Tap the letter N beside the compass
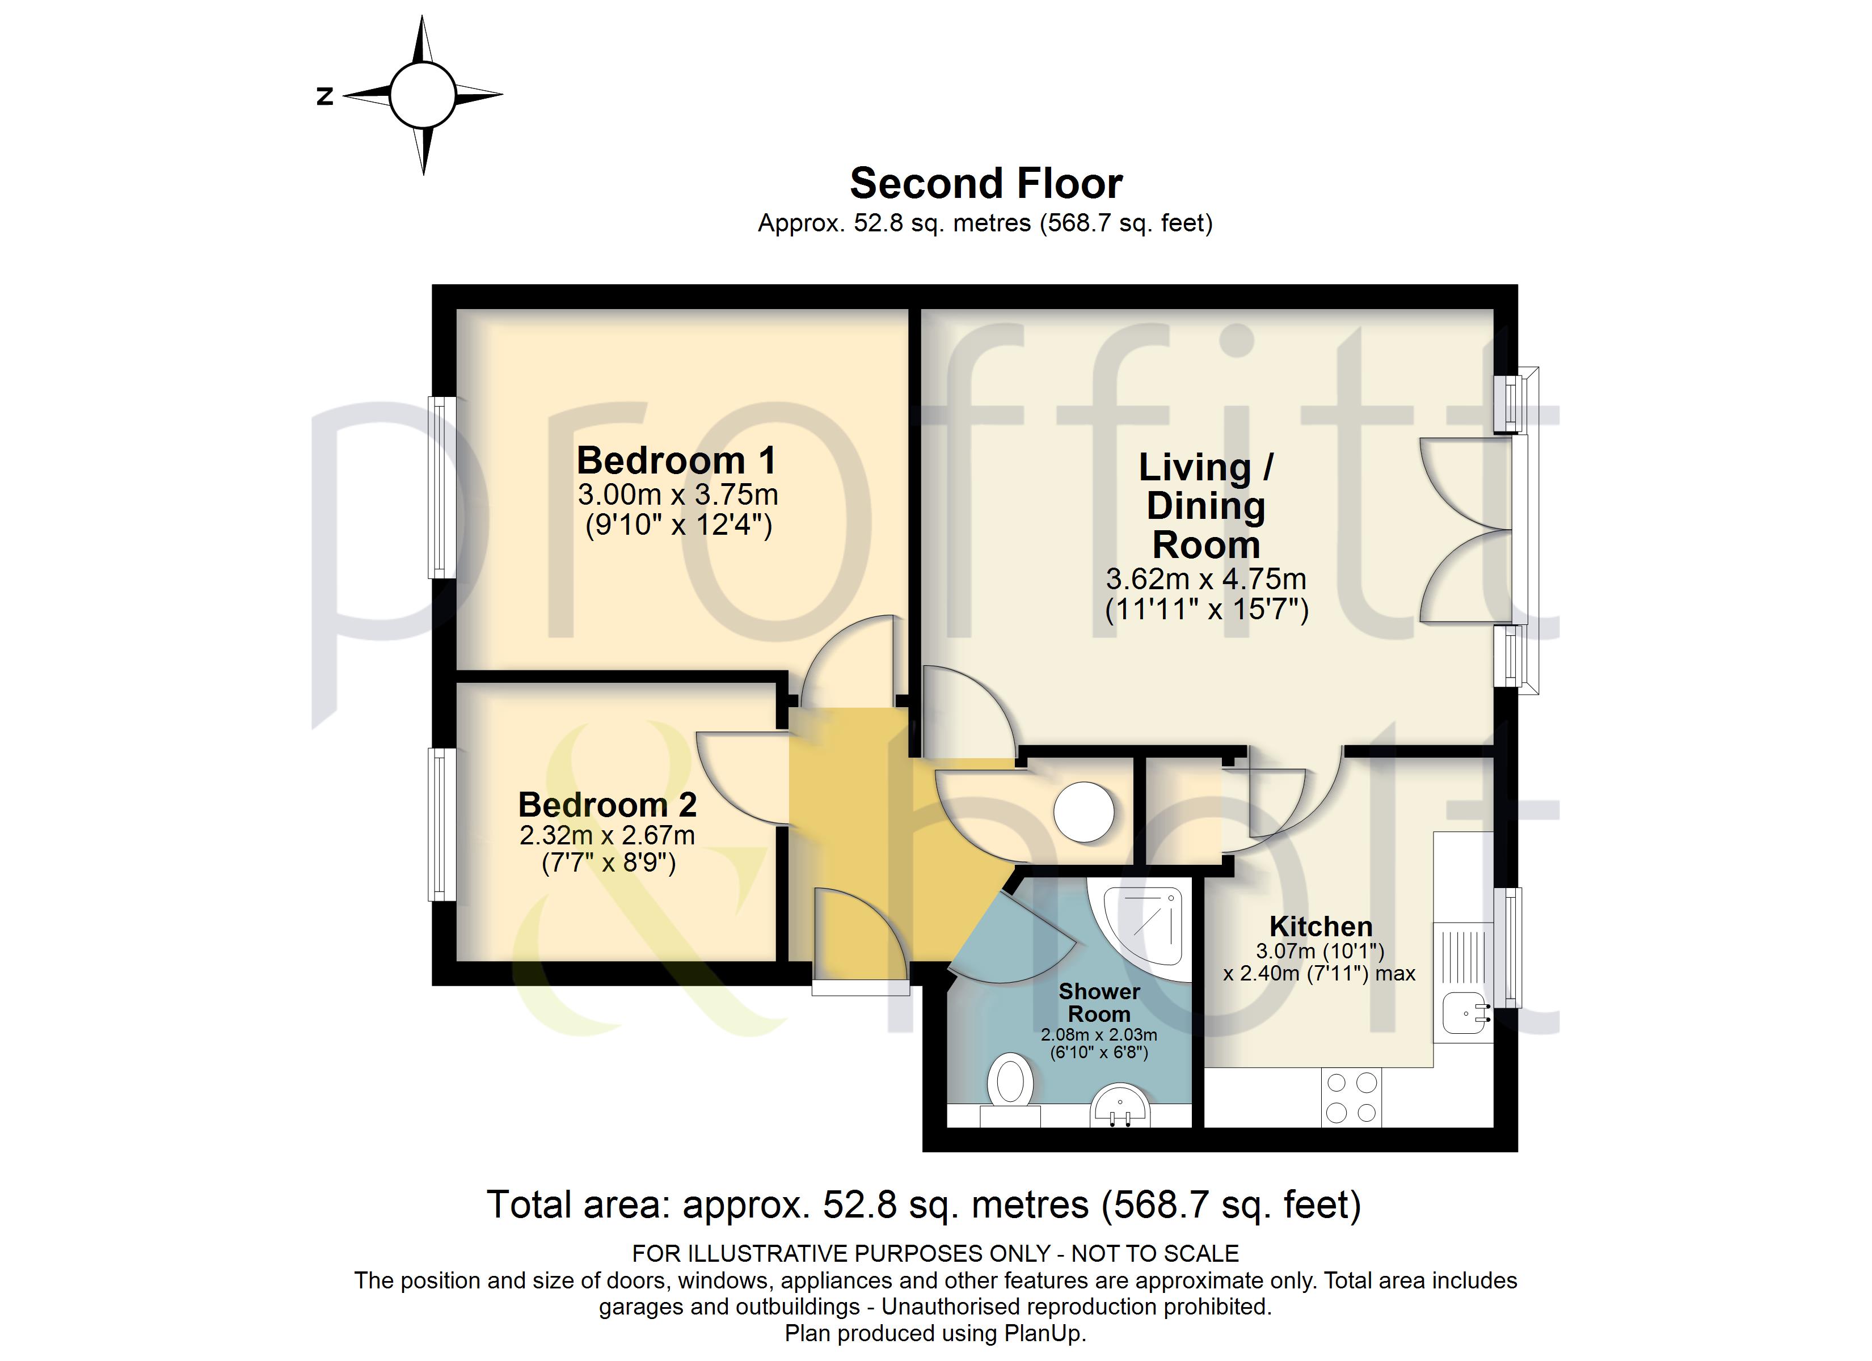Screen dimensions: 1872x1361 (325, 96)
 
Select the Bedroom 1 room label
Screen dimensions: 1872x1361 (677, 460)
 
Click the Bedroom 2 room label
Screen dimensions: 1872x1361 (608, 805)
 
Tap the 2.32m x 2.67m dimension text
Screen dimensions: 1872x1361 (608, 835)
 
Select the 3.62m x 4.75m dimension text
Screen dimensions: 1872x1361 (1206, 580)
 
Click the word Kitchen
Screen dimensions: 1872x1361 (1321, 926)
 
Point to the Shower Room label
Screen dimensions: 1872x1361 (1099, 1002)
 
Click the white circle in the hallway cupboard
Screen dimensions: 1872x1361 (1083, 811)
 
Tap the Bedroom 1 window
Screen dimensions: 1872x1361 (443, 487)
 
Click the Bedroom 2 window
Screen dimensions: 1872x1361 (442, 824)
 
